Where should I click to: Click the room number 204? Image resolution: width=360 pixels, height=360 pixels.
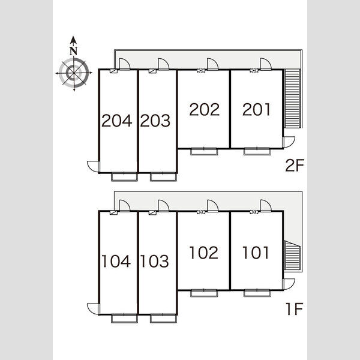[117, 121]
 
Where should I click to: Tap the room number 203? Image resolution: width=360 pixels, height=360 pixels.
[155, 121]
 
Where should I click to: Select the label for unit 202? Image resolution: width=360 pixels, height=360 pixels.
[205, 109]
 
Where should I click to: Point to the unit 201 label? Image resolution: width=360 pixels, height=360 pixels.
[256, 109]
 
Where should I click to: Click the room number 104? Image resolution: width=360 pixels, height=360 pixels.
[116, 261]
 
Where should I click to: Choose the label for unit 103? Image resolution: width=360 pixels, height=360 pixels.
[155, 261]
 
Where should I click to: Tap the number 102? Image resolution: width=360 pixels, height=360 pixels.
[204, 253]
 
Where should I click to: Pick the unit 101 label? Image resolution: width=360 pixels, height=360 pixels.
[256, 253]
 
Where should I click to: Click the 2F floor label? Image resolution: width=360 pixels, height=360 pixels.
[295, 166]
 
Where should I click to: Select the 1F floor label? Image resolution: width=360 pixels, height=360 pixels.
[295, 309]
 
